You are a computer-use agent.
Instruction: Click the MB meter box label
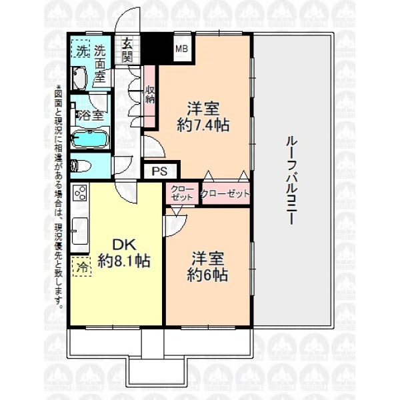click(181, 49)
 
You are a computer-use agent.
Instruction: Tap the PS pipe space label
click(159, 171)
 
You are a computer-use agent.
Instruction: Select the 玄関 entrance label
click(127, 51)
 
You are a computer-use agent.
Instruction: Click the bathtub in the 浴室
click(90, 138)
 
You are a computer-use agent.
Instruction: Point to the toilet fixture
click(81, 166)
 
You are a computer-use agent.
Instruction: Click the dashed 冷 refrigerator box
click(81, 267)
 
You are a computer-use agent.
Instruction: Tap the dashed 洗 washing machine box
click(81, 49)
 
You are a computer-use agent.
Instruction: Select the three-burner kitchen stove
click(79, 193)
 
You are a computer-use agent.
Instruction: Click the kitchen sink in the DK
click(79, 231)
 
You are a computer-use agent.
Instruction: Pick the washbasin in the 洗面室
click(79, 78)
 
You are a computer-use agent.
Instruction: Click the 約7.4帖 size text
click(203, 125)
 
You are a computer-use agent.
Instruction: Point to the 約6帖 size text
click(207, 275)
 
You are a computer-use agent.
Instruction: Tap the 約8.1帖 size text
click(124, 261)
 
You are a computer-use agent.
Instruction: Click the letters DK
click(125, 245)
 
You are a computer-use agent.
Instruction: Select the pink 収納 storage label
click(150, 95)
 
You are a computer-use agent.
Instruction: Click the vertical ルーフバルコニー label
click(291, 181)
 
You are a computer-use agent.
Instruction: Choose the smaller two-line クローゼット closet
click(181, 193)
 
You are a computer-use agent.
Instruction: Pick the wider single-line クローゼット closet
click(225, 194)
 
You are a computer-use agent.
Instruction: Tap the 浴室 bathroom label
click(91, 115)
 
